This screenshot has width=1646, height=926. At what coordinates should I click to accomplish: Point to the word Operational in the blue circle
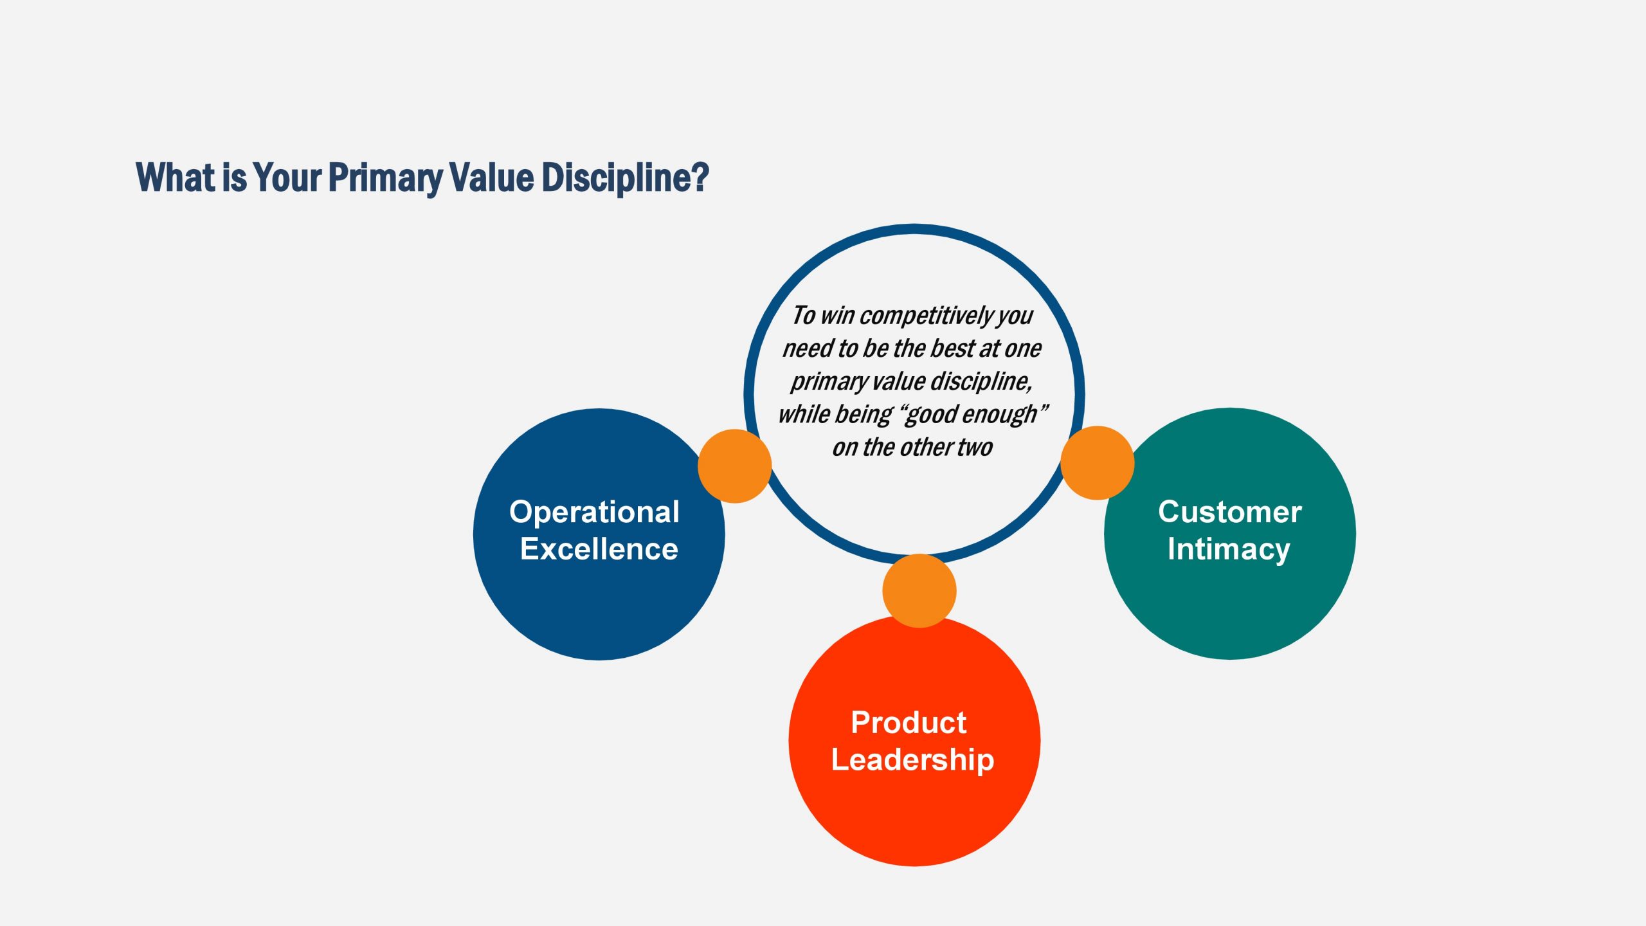point(594,513)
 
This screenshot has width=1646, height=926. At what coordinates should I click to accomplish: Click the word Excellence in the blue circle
point(599,549)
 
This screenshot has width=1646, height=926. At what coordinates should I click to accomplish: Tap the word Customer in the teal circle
point(1230,512)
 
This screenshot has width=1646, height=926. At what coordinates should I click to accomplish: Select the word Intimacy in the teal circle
point(1229,550)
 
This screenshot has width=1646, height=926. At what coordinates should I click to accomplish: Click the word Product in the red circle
point(909,723)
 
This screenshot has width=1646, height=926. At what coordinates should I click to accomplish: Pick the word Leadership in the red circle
point(912,761)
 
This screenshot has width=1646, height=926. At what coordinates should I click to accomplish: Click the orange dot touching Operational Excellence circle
point(734,466)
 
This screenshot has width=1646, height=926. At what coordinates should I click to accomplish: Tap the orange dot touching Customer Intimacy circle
point(1097,463)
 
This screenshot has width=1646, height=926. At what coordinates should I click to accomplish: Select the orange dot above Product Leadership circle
point(919,591)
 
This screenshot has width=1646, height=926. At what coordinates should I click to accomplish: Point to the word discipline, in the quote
point(981,382)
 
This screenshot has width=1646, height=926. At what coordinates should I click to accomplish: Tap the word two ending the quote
point(975,448)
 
